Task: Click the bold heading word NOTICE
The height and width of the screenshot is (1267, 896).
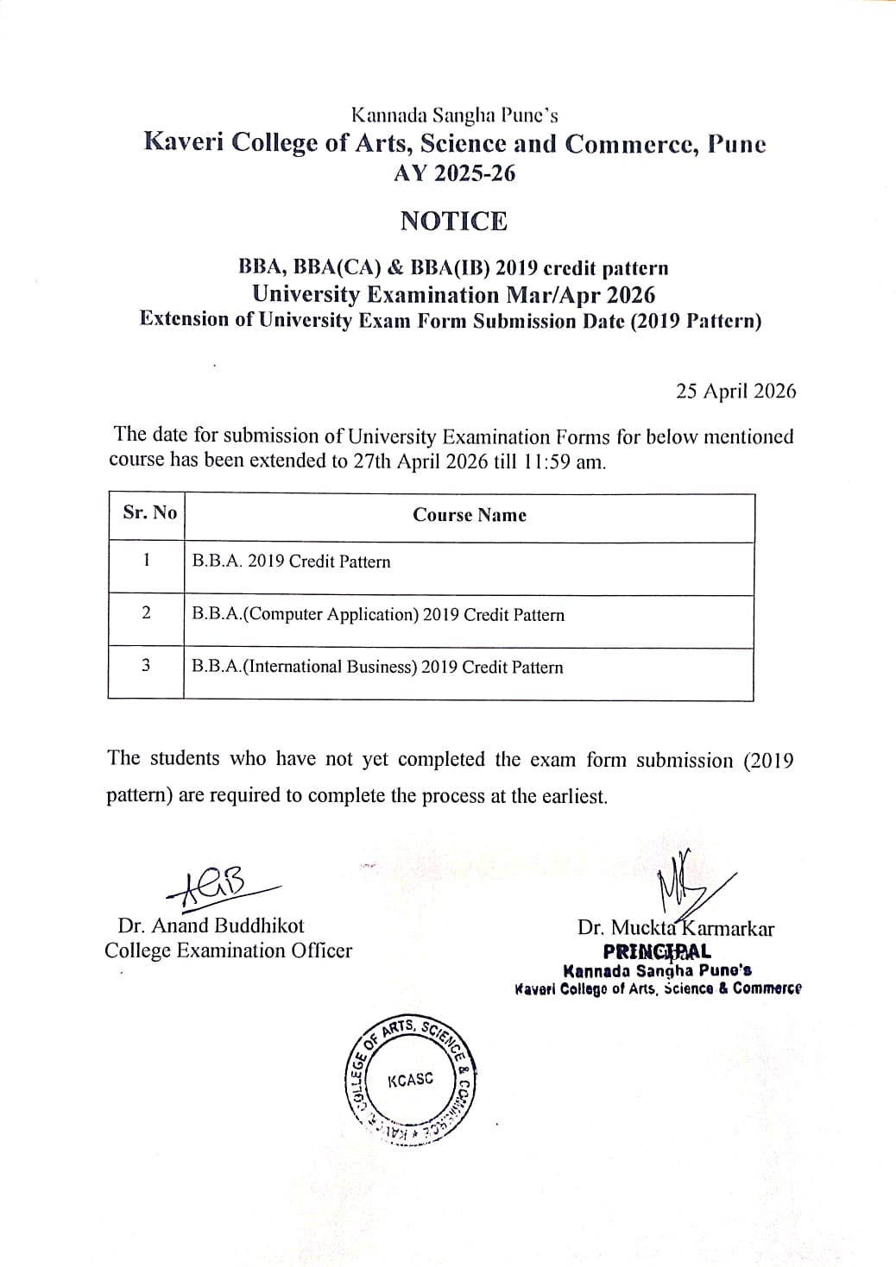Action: (454, 222)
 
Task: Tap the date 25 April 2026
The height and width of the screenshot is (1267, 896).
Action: (735, 392)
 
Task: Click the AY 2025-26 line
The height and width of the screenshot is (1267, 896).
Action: (454, 174)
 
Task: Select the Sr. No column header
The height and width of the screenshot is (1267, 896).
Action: (149, 513)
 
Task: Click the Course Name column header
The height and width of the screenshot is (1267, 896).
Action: (469, 516)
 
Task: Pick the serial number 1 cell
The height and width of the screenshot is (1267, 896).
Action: (147, 561)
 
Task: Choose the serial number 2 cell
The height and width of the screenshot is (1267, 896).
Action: (146, 613)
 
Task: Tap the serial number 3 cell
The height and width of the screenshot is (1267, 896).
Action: (146, 666)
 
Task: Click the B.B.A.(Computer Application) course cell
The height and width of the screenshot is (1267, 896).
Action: (378, 615)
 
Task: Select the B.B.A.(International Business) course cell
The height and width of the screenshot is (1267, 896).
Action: (377, 668)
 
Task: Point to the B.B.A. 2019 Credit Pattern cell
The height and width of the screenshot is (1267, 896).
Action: (291, 562)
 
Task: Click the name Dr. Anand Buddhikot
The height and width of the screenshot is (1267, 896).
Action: (211, 926)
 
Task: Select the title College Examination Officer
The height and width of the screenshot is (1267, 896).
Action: (228, 951)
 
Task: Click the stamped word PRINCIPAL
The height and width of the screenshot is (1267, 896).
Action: (657, 952)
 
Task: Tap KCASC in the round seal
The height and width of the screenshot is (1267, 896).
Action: (411, 1080)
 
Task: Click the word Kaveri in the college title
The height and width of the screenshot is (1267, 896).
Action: (179, 143)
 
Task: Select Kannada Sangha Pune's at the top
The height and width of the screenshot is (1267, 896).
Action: (454, 115)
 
